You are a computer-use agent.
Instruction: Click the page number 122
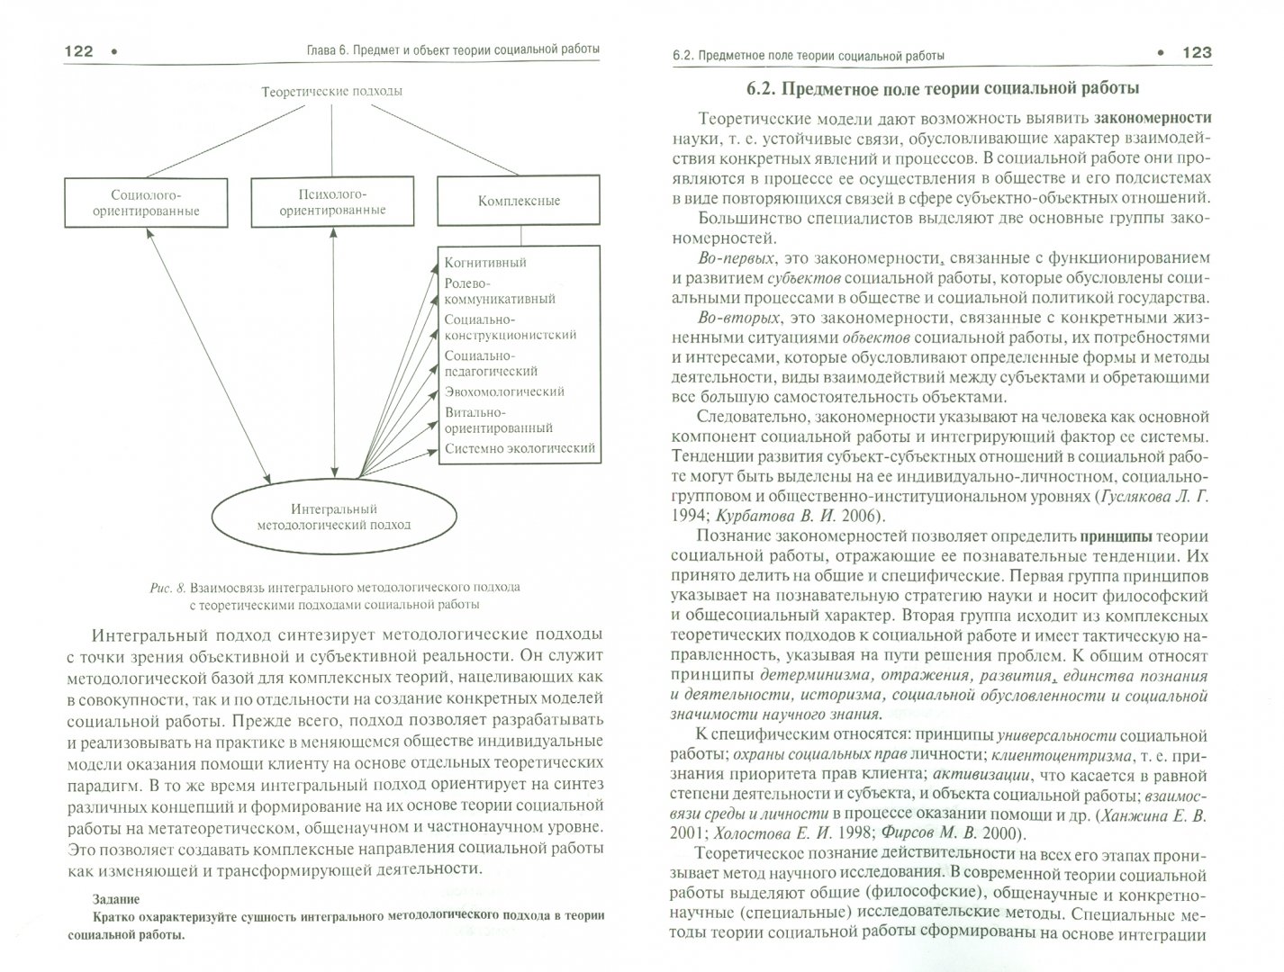(79, 51)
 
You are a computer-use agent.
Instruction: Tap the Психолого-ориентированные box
(332, 202)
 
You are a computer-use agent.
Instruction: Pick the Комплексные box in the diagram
(520, 201)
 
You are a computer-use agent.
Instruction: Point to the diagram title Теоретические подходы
(331, 91)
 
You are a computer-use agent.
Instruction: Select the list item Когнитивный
(485, 263)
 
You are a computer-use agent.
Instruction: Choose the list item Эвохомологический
(504, 391)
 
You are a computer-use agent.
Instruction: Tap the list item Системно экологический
(520, 448)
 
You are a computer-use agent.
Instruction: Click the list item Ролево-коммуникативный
(500, 291)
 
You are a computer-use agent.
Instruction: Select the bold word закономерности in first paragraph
(1153, 117)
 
